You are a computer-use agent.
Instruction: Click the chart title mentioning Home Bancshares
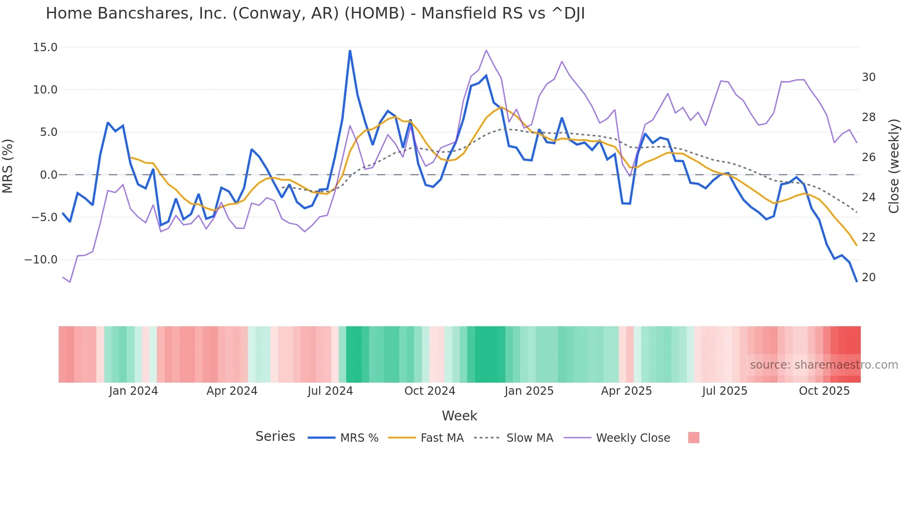click(315, 13)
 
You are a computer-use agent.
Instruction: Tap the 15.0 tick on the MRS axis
click(45, 47)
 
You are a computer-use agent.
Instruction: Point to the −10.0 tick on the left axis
click(41, 260)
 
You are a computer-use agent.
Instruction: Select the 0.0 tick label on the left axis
click(48, 175)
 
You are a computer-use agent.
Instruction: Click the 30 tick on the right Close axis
click(868, 77)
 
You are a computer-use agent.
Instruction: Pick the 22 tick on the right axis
click(868, 237)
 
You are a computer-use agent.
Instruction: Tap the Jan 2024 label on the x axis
click(134, 391)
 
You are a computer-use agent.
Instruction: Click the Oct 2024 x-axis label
click(429, 391)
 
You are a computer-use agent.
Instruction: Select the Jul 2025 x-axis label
click(724, 391)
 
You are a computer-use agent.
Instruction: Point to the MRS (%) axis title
click(8, 166)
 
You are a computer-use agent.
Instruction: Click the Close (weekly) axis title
click(894, 166)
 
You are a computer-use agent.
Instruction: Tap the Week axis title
click(459, 416)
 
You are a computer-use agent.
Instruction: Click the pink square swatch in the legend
click(693, 438)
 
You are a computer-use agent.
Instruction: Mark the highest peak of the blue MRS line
click(350, 51)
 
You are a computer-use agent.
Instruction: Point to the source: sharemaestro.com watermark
click(824, 365)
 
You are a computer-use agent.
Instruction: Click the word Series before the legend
click(275, 437)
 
